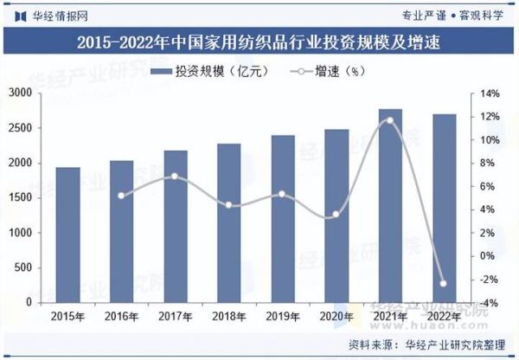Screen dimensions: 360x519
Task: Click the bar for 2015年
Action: point(67,235)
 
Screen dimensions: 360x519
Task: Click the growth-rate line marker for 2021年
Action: point(390,121)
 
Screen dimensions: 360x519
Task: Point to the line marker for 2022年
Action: point(444,283)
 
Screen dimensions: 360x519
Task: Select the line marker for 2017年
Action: point(175,177)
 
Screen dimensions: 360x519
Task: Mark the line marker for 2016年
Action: point(121,196)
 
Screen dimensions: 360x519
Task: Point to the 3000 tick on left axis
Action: point(23,93)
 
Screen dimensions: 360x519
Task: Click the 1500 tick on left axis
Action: point(23,198)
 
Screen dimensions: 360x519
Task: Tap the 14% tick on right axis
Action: point(489,93)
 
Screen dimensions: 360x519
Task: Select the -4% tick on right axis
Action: point(489,303)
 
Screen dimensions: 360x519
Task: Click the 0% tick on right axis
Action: point(489,256)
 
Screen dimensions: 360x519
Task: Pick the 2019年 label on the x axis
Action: point(282,317)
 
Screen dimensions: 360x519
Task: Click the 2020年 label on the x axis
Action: point(336,317)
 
